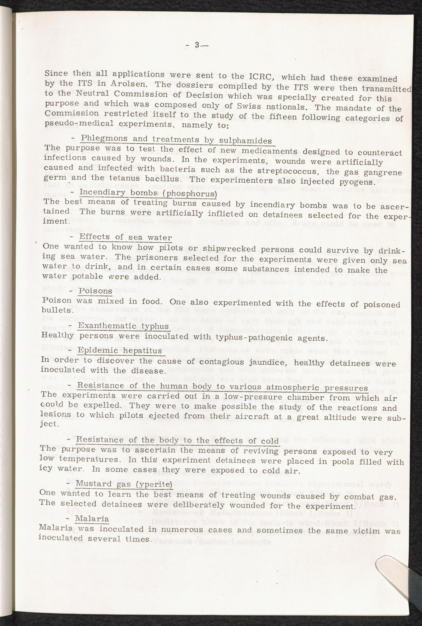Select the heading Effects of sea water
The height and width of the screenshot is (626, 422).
tap(125, 237)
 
